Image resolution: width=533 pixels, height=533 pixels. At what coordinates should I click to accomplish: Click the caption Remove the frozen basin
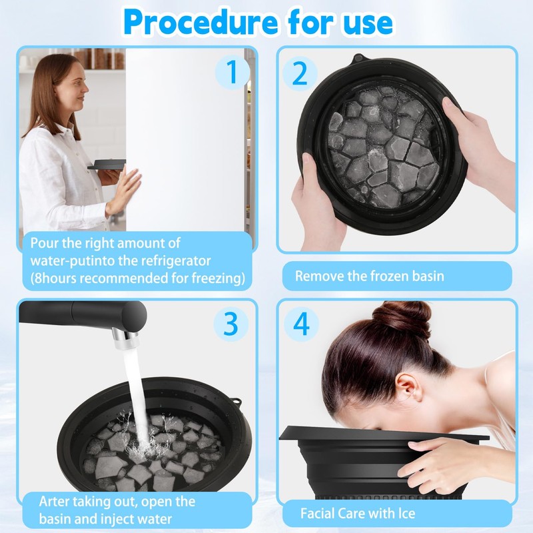click(x=369, y=276)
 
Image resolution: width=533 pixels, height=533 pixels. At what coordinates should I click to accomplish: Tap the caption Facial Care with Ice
click(x=357, y=513)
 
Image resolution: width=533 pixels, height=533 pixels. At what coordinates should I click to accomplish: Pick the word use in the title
click(x=365, y=21)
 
